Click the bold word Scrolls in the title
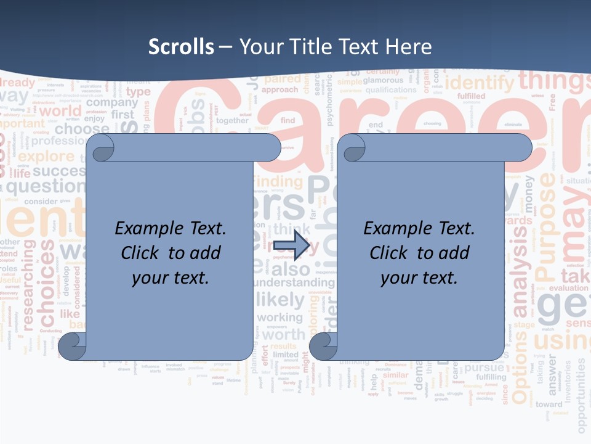181,46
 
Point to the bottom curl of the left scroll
72,347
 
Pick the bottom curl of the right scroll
323,347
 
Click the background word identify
479,83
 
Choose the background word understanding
294,282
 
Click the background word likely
280,300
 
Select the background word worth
284,335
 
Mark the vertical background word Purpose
546,224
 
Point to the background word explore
46,156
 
